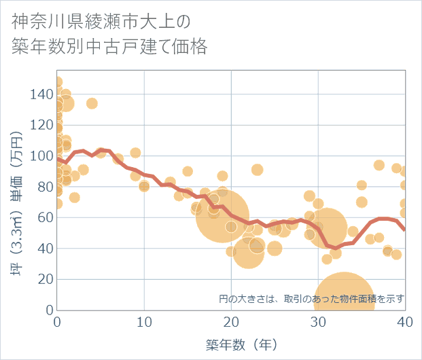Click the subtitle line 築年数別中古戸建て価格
pos(109,47)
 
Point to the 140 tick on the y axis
pos(41,94)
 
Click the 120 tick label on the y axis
pos(41,125)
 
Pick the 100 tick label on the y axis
pos(41,156)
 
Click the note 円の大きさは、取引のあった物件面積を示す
pos(311,298)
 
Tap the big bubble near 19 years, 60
pos(222,216)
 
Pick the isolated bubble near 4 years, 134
pos(92,103)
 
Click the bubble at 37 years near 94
pos(379,165)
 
